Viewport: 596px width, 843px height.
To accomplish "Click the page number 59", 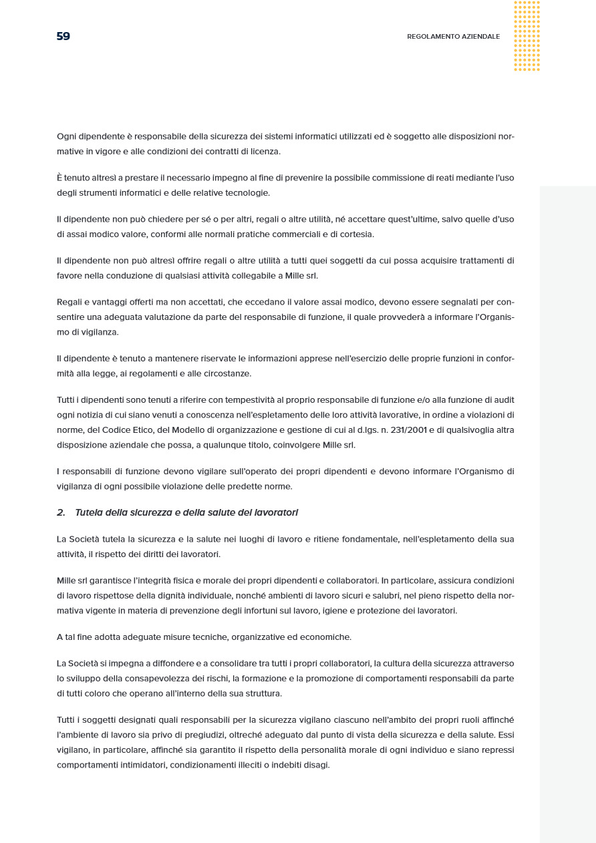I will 63,36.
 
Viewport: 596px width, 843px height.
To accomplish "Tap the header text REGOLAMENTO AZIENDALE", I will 453,37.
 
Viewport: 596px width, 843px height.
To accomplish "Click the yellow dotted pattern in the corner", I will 527,36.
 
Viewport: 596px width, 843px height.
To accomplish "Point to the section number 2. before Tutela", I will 61,512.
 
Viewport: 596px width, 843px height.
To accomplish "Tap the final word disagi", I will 316,765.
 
